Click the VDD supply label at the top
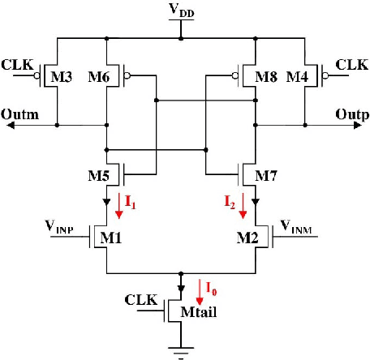pyautogui.click(x=181, y=11)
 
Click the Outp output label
pyautogui.click(x=349, y=114)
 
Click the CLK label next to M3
pyautogui.click(x=17, y=63)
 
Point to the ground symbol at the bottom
pyautogui.click(x=180, y=350)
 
